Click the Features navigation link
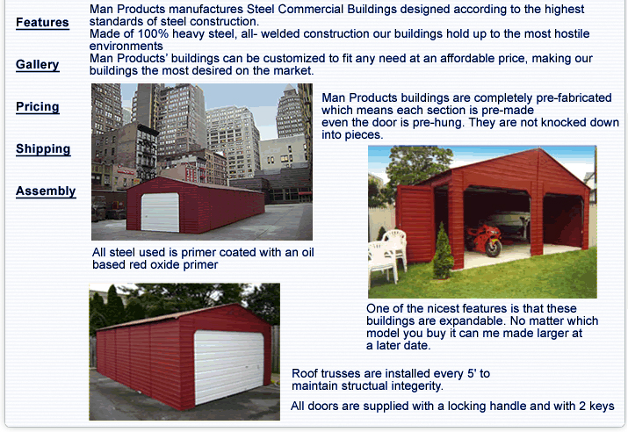pyautogui.click(x=42, y=23)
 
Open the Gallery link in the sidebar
pyautogui.click(x=37, y=64)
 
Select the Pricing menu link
pyautogui.click(x=37, y=106)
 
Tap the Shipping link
pyautogui.click(x=43, y=149)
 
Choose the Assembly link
pyautogui.click(x=46, y=191)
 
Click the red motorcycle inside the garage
pyautogui.click(x=484, y=239)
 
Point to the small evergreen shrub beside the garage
pyautogui.click(x=443, y=251)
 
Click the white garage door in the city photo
pyautogui.click(x=160, y=212)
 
